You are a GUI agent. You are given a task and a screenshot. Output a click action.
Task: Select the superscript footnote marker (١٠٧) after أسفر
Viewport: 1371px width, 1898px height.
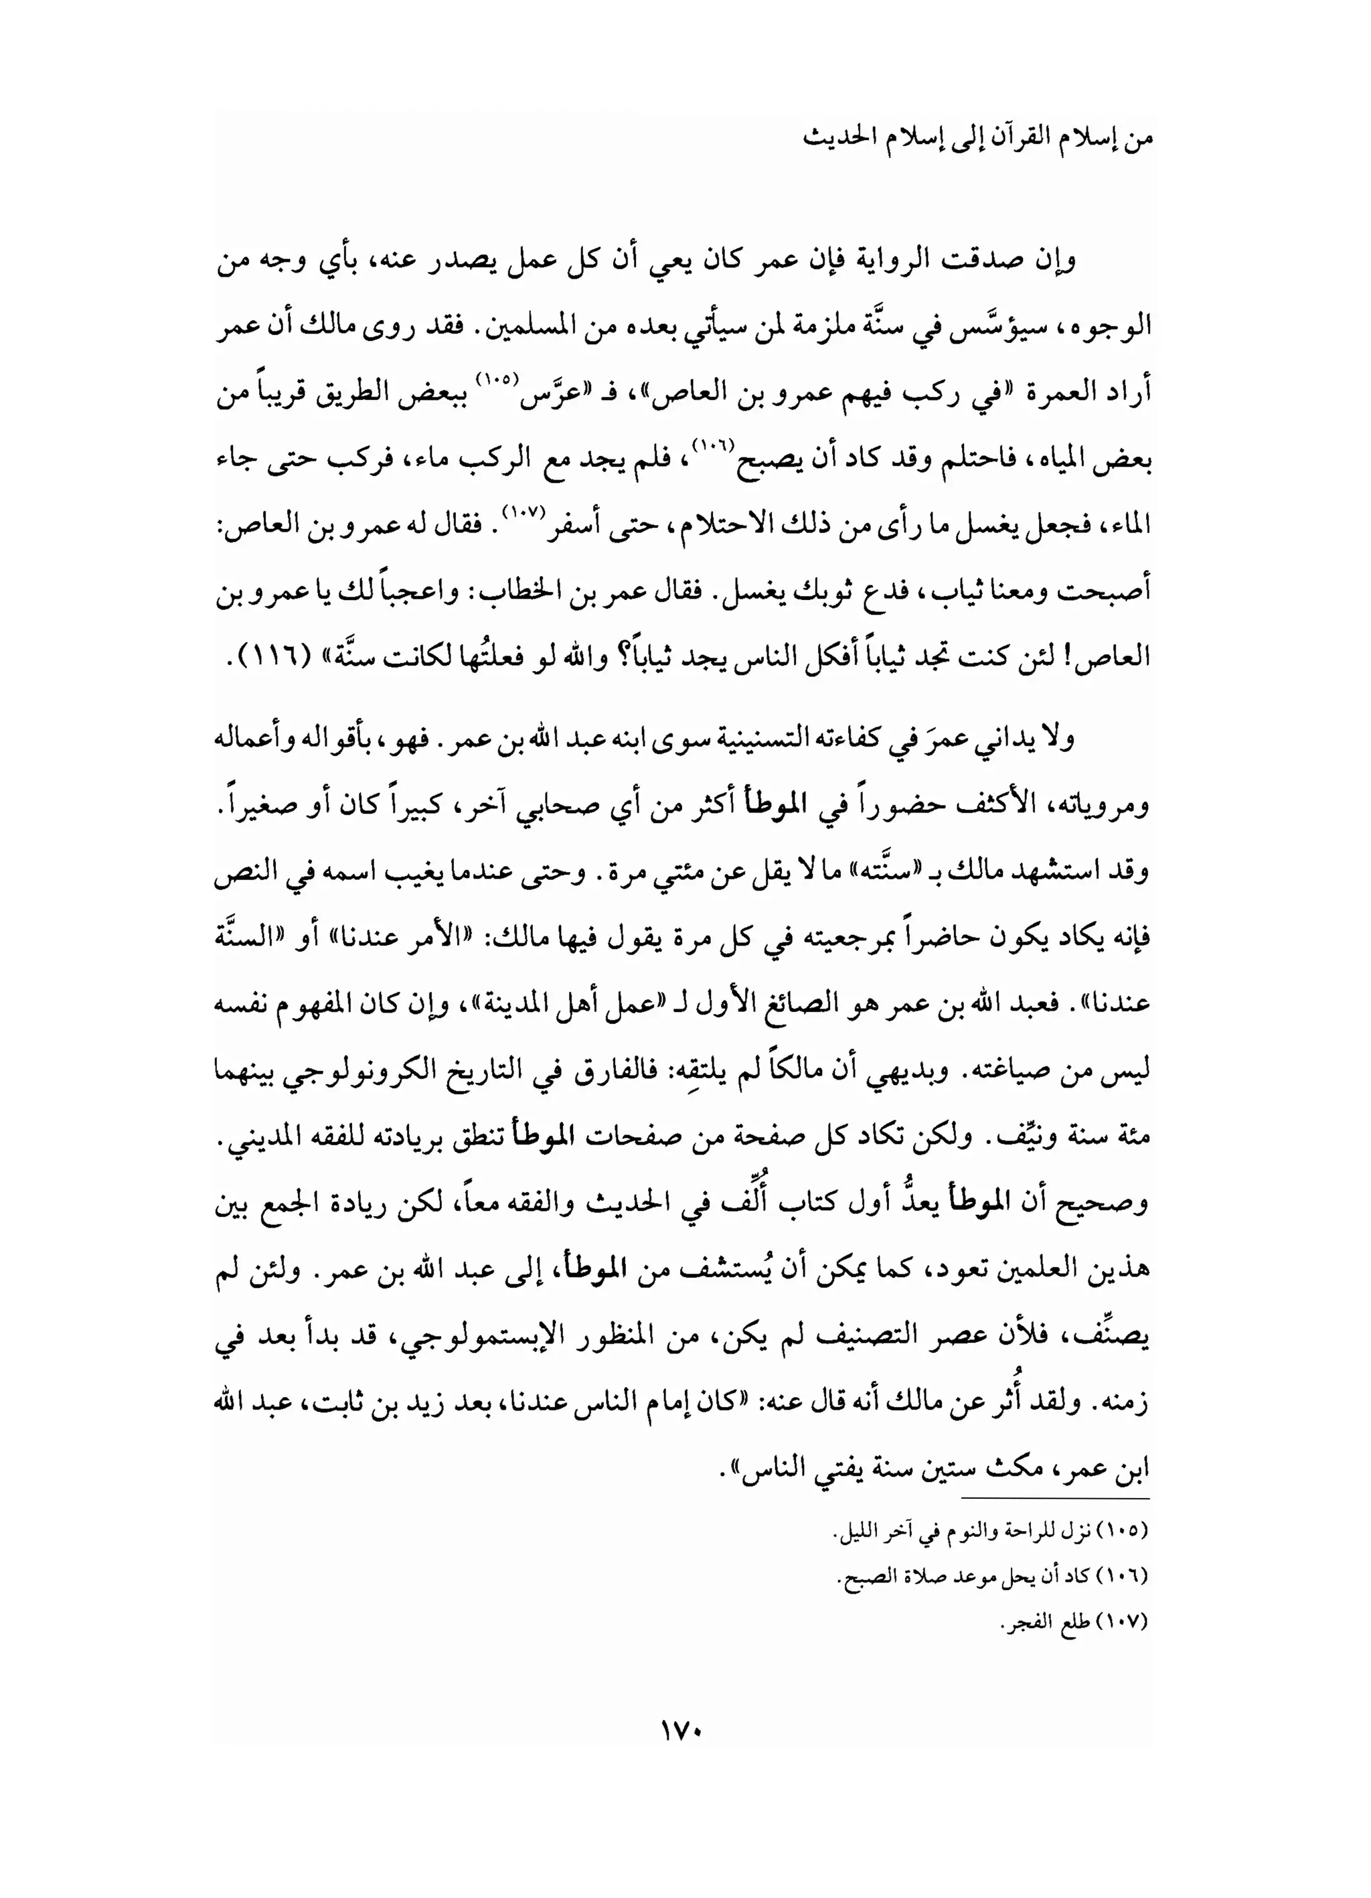(523, 511)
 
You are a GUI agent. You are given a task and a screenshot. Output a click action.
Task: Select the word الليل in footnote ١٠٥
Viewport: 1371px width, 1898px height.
(854, 1532)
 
